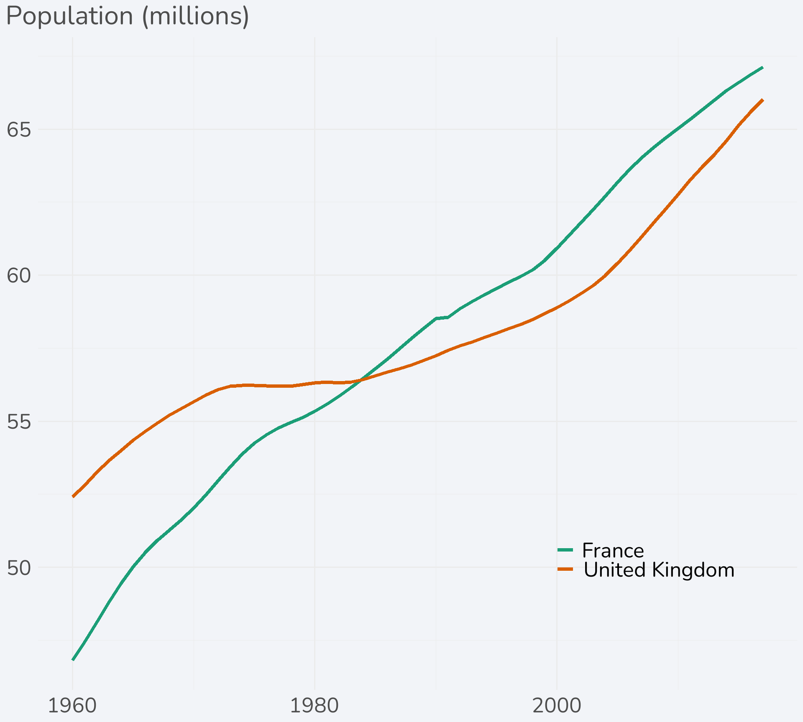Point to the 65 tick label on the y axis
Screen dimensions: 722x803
tap(19, 130)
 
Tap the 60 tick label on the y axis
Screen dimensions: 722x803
tap(19, 276)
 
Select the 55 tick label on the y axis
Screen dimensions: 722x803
tap(19, 422)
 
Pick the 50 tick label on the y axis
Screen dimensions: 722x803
tap(19, 568)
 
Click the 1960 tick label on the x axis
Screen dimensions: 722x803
tap(72, 706)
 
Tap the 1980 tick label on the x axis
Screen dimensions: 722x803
tap(314, 706)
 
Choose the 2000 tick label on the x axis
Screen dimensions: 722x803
tap(557, 706)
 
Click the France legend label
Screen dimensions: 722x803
tap(613, 551)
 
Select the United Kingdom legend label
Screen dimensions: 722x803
tap(659, 570)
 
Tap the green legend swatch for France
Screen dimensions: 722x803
tap(565, 550)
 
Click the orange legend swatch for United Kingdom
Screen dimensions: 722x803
tap(565, 569)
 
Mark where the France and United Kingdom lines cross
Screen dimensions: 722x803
tap(361, 379)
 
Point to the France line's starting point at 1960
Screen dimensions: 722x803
tap(73, 659)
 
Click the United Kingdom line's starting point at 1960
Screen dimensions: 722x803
tap(73, 496)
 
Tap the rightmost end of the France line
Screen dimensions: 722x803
tap(763, 67)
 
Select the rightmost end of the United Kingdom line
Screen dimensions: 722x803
tap(763, 100)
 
